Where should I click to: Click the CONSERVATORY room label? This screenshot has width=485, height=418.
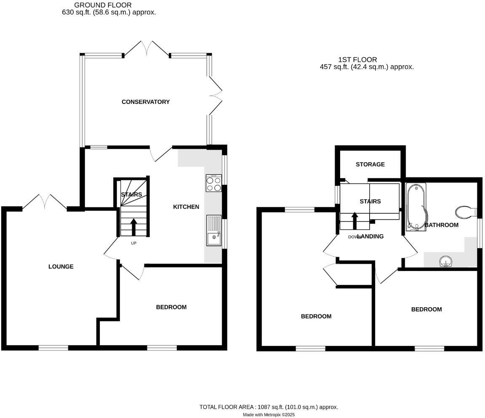coord(145,102)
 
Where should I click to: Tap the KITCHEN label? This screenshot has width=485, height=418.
coord(186,207)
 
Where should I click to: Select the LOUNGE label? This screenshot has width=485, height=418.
coord(61,267)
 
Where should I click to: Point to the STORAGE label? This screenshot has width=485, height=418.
coord(370,164)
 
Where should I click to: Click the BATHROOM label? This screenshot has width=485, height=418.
coord(441,225)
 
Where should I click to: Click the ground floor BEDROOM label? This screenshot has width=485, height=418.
coord(171,307)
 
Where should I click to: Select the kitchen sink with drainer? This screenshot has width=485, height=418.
coord(214,230)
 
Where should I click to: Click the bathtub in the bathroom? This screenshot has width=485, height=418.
coord(416,207)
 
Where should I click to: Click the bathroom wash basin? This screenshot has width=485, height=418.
coord(445,262)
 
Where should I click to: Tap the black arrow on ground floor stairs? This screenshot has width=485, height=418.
coord(134,227)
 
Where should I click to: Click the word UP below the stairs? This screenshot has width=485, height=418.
coord(134,243)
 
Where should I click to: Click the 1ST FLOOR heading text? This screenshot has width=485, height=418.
coord(357,60)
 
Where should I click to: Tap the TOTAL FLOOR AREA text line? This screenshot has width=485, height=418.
coord(269,407)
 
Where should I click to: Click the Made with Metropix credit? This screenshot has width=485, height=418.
coord(269,415)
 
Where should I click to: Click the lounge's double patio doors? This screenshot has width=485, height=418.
coord(45,201)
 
